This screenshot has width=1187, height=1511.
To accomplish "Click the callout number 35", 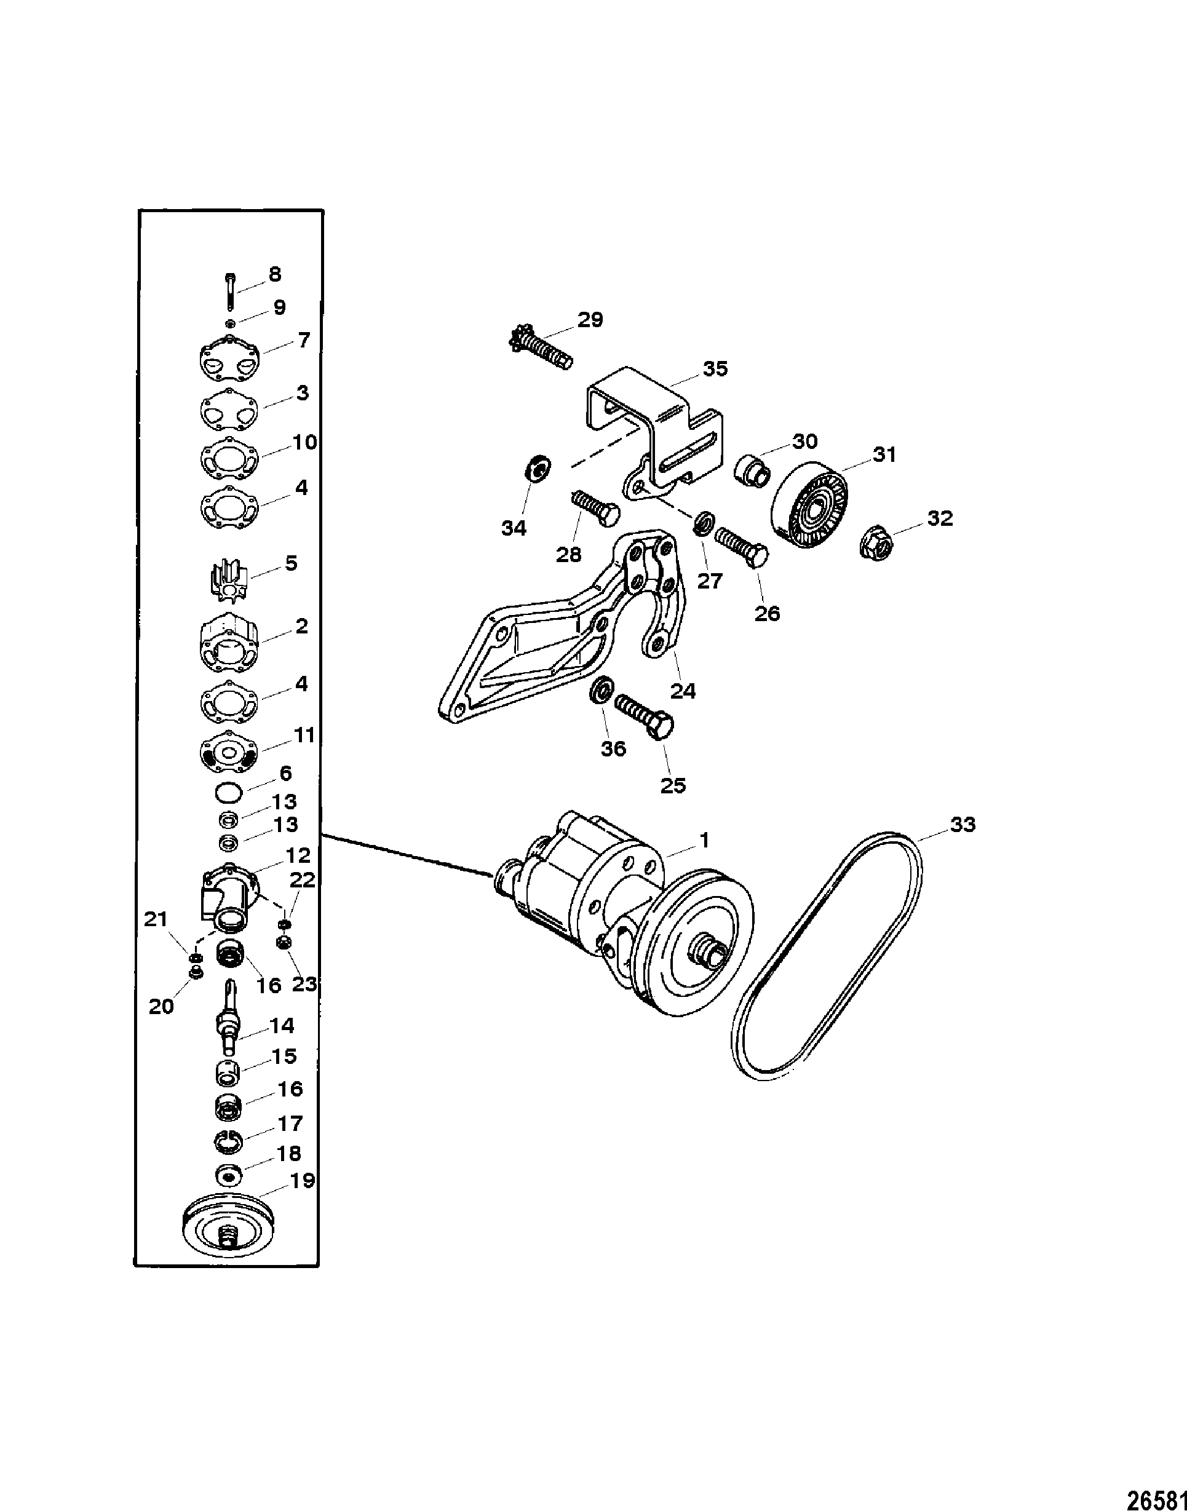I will (x=715, y=368).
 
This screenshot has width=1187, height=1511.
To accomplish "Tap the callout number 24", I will (x=683, y=691).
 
